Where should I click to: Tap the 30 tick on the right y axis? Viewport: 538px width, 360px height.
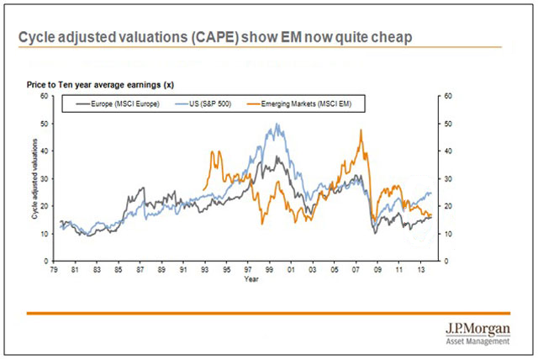click(448, 178)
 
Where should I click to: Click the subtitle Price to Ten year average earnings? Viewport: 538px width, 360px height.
click(102, 85)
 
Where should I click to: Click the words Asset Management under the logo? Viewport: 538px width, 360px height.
click(480, 341)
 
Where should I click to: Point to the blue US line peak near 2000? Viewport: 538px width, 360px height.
click(277, 124)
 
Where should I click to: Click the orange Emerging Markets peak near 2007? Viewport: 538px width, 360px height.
click(360, 130)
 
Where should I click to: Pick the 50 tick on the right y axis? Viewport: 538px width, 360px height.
click(448, 124)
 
